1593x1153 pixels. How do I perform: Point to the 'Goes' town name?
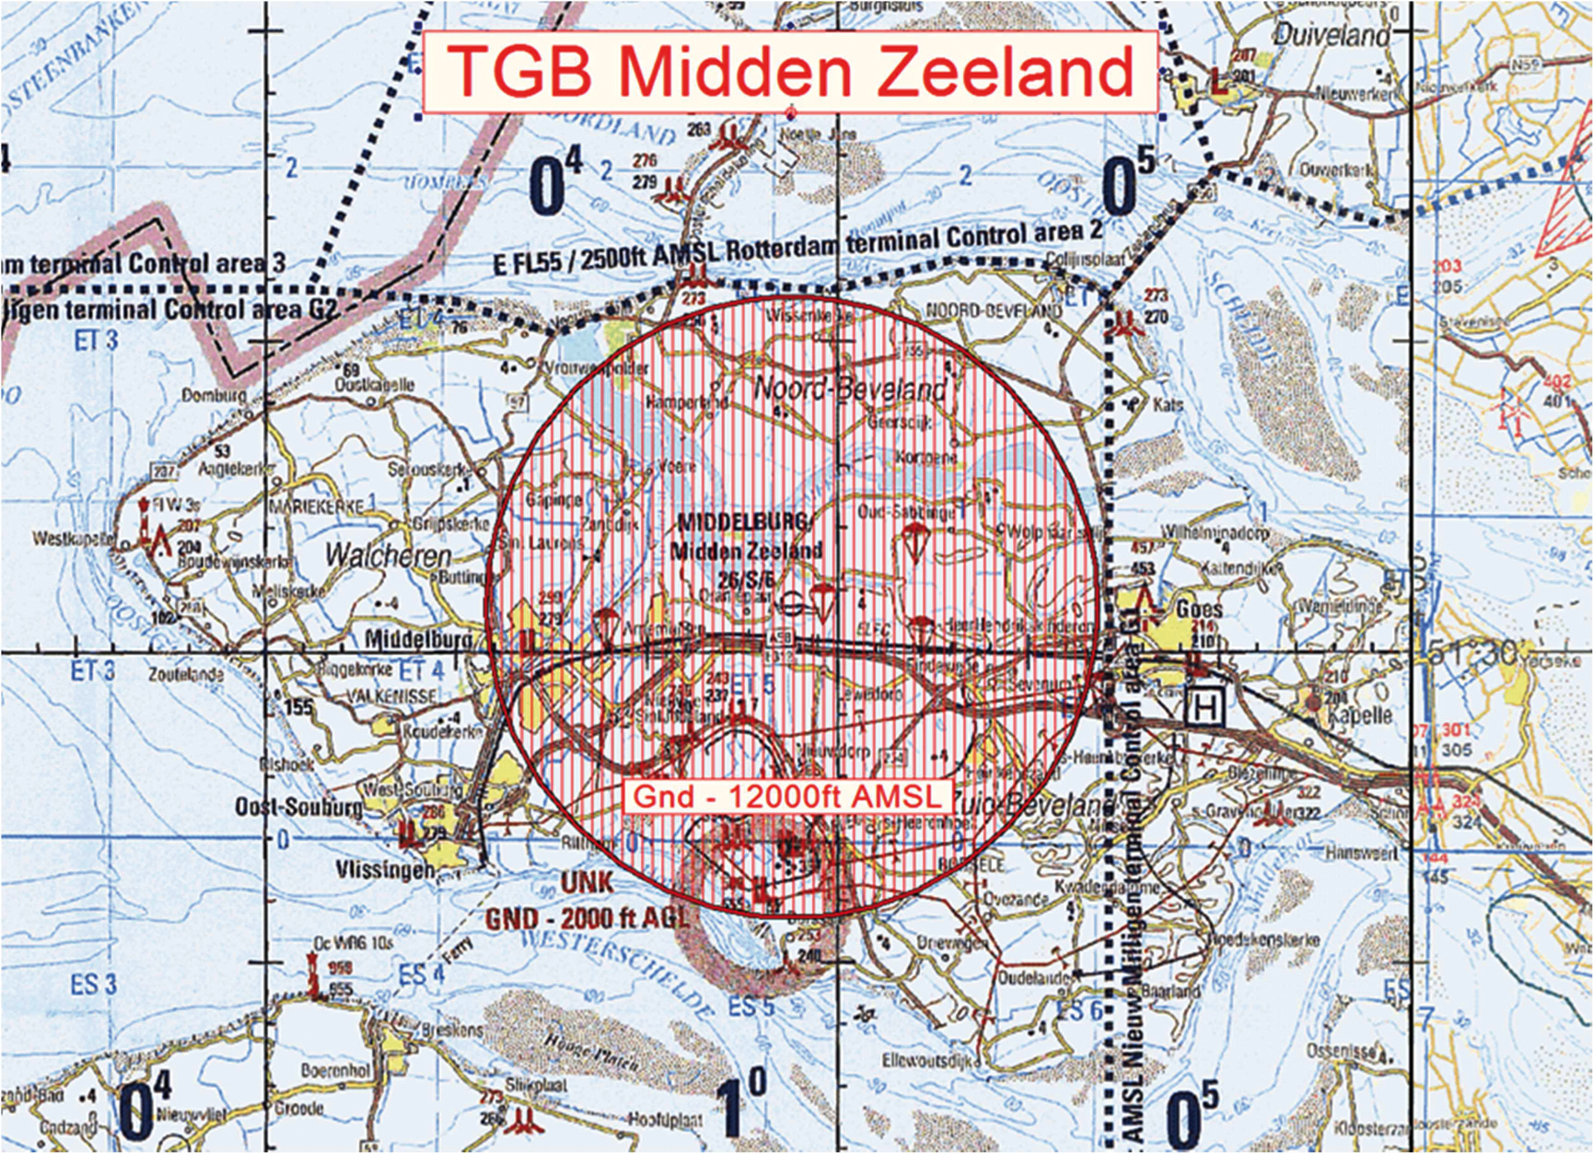pyautogui.click(x=1199, y=609)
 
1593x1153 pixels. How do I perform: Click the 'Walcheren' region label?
pyautogui.click(x=389, y=556)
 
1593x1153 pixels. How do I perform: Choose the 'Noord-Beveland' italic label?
pyautogui.click(x=850, y=389)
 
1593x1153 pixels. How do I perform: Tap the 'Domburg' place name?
pyautogui.click(x=214, y=396)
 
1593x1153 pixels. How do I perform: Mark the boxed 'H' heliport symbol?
pyautogui.click(x=1206, y=706)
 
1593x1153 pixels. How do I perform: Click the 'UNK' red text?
pyautogui.click(x=586, y=882)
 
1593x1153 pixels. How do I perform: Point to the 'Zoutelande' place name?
pyautogui.click(x=185, y=674)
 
